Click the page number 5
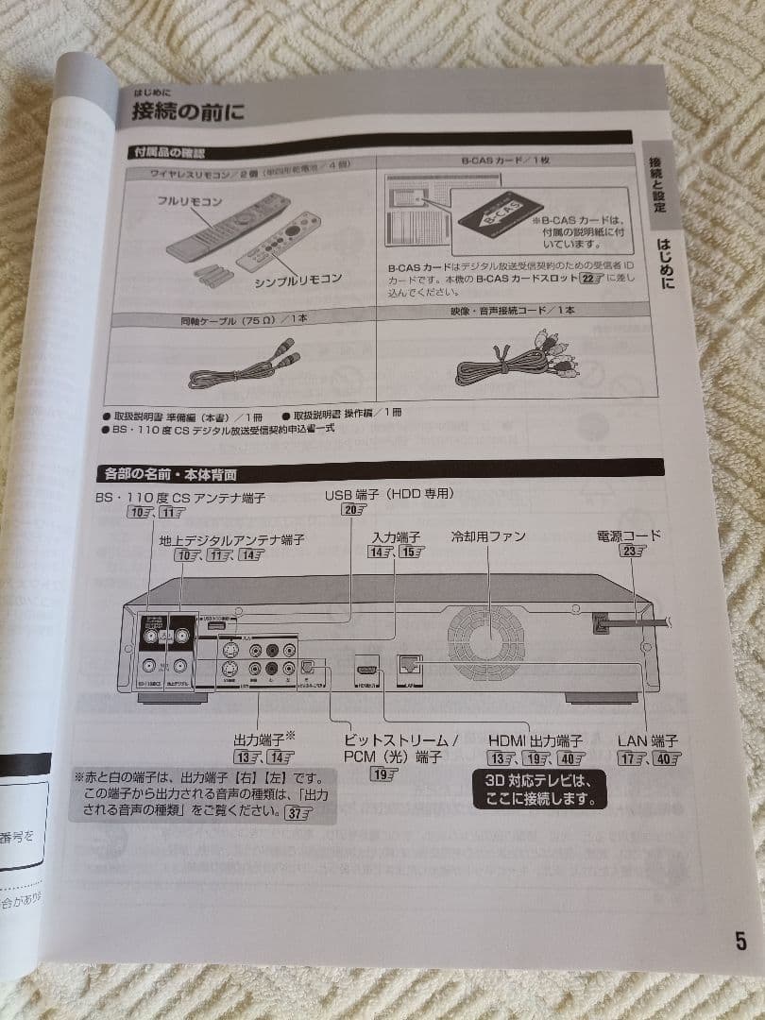click(740, 942)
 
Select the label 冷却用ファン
click(488, 536)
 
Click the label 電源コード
click(629, 535)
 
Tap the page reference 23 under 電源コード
click(630, 552)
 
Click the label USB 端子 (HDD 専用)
click(389, 494)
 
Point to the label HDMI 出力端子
click(535, 740)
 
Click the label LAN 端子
click(648, 740)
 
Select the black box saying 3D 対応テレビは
click(538, 790)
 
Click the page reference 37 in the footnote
click(297, 814)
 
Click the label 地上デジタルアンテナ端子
click(231, 539)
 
